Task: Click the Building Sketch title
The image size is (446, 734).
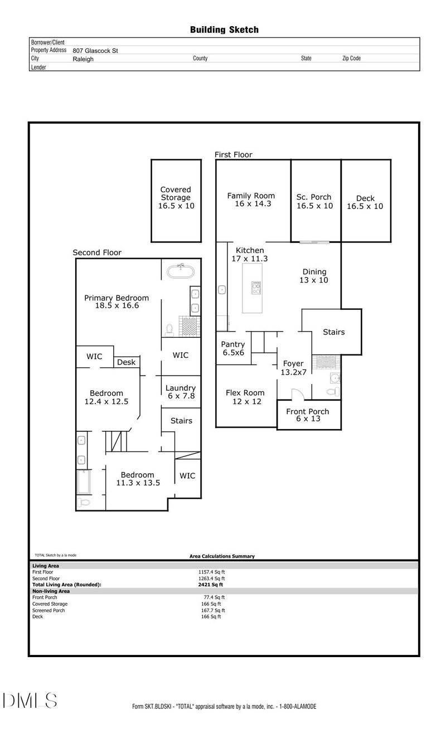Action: click(x=224, y=30)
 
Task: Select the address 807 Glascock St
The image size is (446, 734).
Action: click(x=95, y=50)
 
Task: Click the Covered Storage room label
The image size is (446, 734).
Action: click(x=176, y=197)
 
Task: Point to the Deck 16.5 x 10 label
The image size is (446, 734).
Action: click(x=365, y=202)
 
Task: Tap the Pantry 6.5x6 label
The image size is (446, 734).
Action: click(x=233, y=349)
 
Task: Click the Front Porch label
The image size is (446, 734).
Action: click(x=308, y=415)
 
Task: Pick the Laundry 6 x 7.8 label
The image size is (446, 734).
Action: click(x=181, y=392)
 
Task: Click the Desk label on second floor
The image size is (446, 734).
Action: click(x=127, y=362)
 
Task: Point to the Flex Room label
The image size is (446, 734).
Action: click(x=245, y=397)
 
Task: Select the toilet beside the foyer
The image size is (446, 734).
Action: click(x=333, y=392)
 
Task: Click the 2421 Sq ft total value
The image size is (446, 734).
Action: click(x=211, y=585)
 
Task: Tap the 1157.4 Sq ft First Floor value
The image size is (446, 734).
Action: click(x=212, y=572)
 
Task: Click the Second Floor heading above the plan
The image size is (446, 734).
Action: click(x=97, y=252)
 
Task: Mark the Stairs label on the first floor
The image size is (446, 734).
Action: click(x=334, y=332)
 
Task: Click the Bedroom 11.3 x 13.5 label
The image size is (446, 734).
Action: click(x=138, y=479)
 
